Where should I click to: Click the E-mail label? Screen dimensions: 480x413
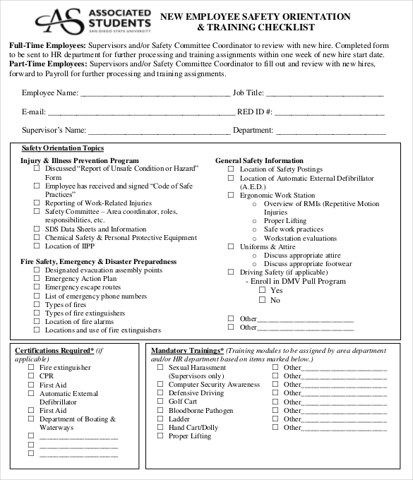click(x=33, y=112)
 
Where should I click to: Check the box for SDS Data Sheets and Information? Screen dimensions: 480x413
click(x=37, y=229)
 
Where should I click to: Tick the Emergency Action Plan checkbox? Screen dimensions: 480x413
click(x=37, y=279)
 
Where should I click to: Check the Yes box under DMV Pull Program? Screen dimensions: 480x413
click(x=262, y=290)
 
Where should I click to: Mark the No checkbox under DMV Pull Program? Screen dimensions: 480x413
click(x=262, y=300)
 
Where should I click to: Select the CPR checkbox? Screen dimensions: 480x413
click(x=31, y=376)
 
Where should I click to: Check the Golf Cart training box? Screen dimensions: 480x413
click(x=160, y=402)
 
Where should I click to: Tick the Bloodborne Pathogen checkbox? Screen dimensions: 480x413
click(x=160, y=410)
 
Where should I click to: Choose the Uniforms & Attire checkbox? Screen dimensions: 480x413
click(x=231, y=247)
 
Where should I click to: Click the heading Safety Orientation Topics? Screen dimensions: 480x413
click(x=62, y=148)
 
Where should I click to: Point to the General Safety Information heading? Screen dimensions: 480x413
click(x=258, y=160)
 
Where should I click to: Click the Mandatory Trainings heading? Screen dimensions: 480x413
click(x=187, y=350)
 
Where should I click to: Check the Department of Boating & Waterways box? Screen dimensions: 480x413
click(x=31, y=419)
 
